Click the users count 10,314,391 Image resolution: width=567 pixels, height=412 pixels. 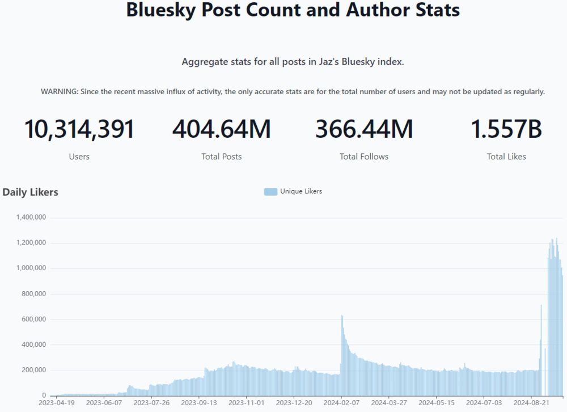click(79, 129)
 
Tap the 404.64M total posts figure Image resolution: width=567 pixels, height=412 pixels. click(221, 129)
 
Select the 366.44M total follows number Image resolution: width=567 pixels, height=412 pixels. click(364, 129)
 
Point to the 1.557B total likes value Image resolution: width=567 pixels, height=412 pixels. click(506, 129)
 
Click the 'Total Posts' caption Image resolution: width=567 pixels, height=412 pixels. click(221, 157)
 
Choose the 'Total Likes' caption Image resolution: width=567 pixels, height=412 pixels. click(506, 157)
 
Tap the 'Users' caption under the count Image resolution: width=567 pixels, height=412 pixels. click(79, 157)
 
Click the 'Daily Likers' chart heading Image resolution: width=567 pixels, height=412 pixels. click(30, 192)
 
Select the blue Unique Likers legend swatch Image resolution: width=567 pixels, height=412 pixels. click(270, 192)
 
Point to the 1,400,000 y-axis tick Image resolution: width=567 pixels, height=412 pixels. click(31, 217)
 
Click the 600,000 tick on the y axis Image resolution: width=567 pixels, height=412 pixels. click(33, 319)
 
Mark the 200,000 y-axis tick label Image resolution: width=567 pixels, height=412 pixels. click(33, 371)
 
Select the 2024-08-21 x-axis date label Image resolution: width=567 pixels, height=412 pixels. click(531, 403)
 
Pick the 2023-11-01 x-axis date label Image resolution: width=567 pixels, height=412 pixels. click(246, 403)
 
